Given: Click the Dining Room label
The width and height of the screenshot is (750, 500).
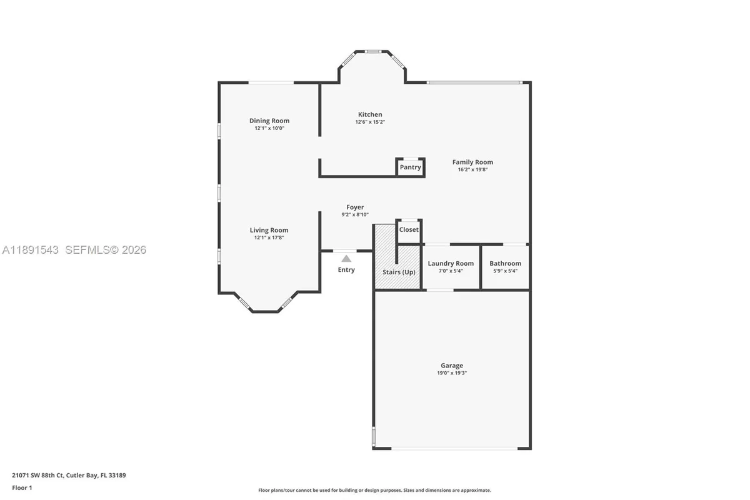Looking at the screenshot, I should coord(269,121).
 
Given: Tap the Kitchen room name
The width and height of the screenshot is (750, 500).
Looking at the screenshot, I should coord(370,114).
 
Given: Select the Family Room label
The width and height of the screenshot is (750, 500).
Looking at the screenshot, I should coord(472,162).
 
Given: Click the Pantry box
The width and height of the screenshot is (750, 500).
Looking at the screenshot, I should coord(410,167).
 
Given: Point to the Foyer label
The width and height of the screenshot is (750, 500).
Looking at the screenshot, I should coord(355,207).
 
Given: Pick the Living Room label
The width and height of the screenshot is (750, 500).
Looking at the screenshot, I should coord(269,230).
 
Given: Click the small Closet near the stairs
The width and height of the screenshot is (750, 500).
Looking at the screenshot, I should coord(409,229).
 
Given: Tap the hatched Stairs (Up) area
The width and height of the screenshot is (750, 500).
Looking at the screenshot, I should coord(399,272).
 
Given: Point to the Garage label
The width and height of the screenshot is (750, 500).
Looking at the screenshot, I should coord(452,366).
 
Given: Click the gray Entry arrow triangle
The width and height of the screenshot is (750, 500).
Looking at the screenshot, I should coord(346,258).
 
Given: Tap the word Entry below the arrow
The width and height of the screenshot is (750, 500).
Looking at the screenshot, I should coord(346,270).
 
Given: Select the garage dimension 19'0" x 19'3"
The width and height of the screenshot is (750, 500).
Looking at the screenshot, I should coord(452,373).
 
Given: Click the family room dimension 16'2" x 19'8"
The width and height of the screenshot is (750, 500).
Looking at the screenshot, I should coord(472,169).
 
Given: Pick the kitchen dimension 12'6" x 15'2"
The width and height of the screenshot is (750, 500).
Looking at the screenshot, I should coord(370,122).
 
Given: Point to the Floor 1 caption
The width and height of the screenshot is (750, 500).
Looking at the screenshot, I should coord(22,487).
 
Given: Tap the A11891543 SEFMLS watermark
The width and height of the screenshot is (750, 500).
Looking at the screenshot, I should coord(74,250).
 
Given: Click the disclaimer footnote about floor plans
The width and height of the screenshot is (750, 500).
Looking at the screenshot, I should coord(375,490).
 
